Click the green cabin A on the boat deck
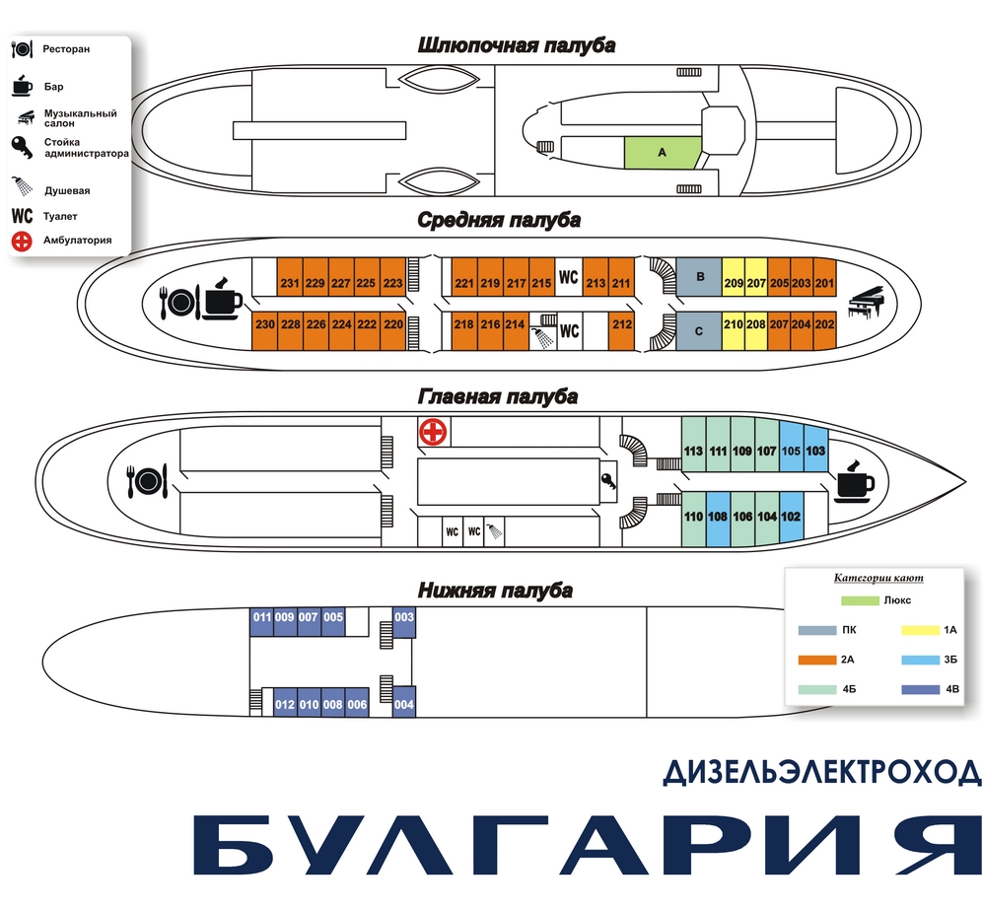tap(662, 153)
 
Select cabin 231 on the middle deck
tap(289, 284)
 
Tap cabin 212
tap(621, 323)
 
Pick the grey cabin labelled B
tap(699, 278)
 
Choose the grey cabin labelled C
tap(699, 332)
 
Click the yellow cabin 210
tap(733, 323)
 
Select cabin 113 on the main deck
tap(693, 451)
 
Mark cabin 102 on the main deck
tap(791, 517)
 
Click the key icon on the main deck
tap(609, 481)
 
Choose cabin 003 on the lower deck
tap(404, 618)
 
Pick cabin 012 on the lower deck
tap(285, 705)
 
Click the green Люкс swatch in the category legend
tap(859, 600)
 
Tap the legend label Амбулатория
tap(77, 240)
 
